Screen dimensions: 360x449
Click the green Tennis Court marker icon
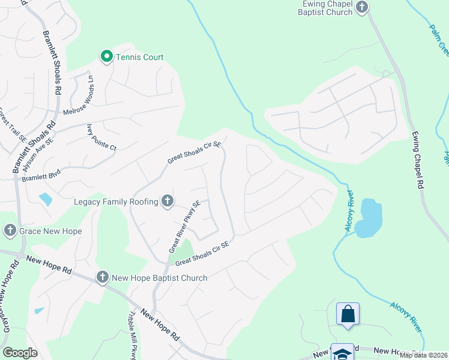(106, 57)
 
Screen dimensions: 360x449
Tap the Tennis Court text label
(140, 58)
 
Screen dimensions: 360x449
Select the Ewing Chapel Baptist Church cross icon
(361, 7)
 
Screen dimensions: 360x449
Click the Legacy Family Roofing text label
(116, 202)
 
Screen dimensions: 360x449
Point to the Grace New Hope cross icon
(10, 230)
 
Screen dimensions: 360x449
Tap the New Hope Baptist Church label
(159, 278)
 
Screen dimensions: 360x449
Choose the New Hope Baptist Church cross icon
(102, 277)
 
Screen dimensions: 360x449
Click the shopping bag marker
(348, 314)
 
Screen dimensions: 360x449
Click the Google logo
(20, 353)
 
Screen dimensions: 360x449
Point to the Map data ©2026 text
(423, 355)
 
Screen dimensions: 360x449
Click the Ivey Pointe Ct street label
(101, 137)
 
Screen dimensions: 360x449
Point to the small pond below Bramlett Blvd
(46, 199)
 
